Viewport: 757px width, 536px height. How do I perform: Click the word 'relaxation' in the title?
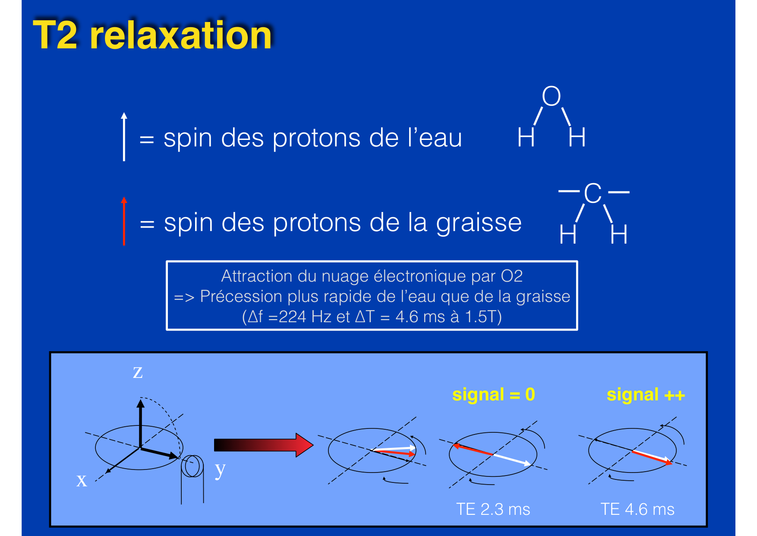[181, 35]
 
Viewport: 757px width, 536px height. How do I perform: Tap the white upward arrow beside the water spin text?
[124, 136]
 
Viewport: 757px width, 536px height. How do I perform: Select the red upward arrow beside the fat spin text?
[124, 221]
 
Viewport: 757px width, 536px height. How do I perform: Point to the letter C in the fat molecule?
[593, 193]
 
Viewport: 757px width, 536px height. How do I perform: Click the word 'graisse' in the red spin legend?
[479, 223]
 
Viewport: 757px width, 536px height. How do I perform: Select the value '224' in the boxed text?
[293, 317]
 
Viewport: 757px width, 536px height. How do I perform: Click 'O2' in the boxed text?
[512, 276]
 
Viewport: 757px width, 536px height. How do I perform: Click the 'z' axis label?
[138, 371]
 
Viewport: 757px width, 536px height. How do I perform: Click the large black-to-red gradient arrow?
[263, 445]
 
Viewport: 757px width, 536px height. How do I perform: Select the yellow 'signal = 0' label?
[493, 395]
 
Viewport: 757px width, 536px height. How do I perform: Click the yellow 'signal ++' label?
[646, 395]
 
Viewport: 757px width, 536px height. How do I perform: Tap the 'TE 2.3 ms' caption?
[493, 509]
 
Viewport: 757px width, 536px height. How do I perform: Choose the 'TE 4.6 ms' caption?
[637, 509]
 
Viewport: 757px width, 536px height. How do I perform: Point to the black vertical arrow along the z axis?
[140, 424]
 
